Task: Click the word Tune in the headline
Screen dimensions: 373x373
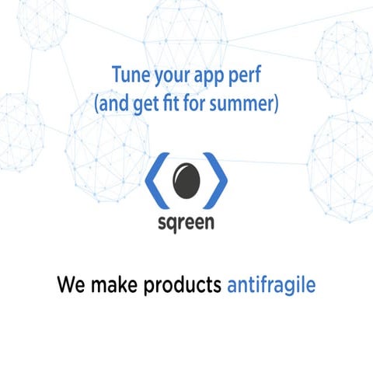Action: point(129,75)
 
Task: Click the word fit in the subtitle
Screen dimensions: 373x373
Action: point(183,103)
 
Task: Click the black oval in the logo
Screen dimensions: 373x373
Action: point(186,180)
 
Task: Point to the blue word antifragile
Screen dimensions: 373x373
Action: point(271,285)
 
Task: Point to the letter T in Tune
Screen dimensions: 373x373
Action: point(117,75)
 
